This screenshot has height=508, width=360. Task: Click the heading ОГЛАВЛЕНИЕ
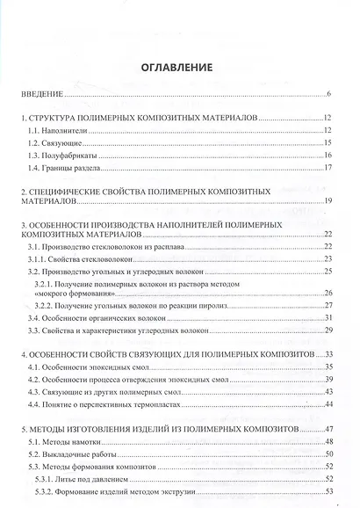pos(179,66)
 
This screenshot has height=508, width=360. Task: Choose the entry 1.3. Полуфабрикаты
pos(61,155)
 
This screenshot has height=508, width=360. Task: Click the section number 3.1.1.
pos(39,260)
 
